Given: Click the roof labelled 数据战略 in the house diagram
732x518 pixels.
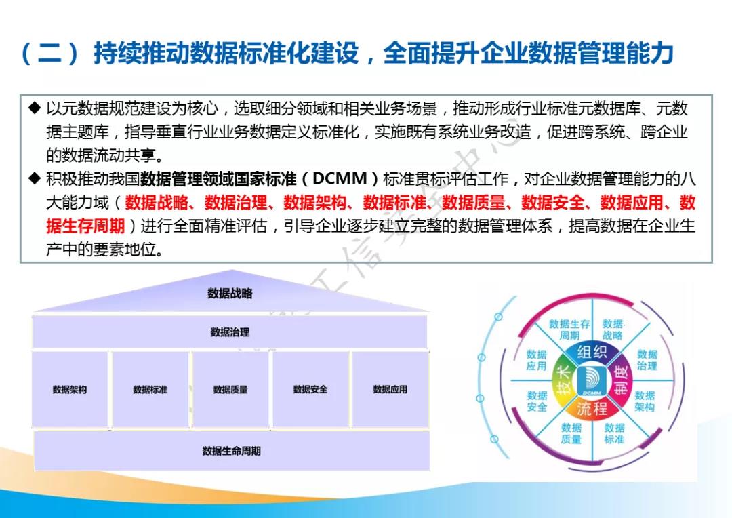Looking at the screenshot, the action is (x=231, y=294).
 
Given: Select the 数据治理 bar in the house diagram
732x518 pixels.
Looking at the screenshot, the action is (x=230, y=332).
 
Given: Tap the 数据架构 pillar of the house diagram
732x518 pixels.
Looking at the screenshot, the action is (x=70, y=390).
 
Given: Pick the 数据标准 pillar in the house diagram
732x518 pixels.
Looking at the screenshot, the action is (x=150, y=390).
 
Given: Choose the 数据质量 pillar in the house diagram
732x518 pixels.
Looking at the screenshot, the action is (x=230, y=390).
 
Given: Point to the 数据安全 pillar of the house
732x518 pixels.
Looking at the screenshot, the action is (x=310, y=390).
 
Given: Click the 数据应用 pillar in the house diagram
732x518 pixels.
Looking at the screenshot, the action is (x=390, y=390).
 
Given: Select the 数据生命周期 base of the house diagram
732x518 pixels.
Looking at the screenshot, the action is (x=232, y=451).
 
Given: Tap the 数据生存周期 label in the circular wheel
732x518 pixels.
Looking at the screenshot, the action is (x=569, y=330).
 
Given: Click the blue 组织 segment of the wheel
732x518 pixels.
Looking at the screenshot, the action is (x=592, y=352).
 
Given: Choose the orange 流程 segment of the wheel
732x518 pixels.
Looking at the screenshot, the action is (x=592, y=408).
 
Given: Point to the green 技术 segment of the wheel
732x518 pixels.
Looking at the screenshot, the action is (x=563, y=379).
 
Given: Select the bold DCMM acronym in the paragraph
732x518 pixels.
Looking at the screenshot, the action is (x=340, y=179).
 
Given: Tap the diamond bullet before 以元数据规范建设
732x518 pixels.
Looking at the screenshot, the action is (x=35, y=108).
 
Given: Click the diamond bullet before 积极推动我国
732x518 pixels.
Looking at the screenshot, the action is (x=35, y=178).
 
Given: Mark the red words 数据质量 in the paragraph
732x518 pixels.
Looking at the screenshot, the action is (x=473, y=203).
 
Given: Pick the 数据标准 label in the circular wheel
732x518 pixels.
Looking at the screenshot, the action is (x=614, y=433).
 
